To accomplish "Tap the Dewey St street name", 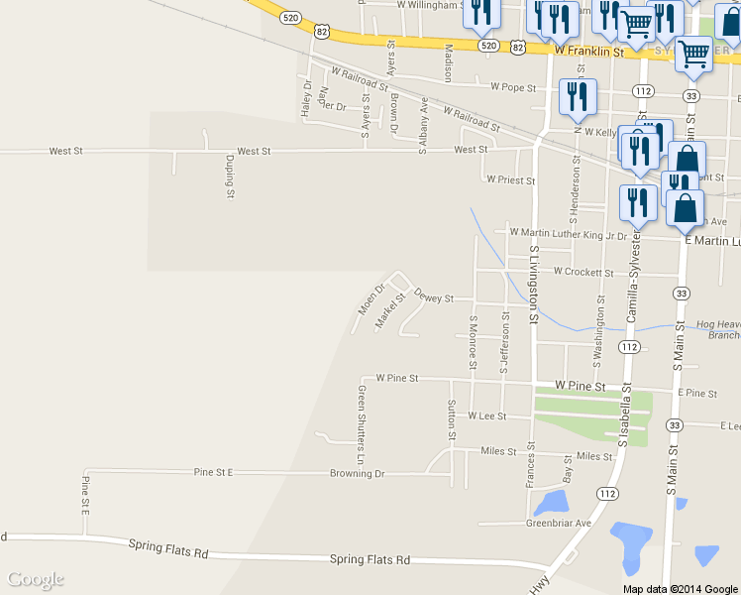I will tap(434, 297).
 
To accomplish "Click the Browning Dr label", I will tap(357, 474).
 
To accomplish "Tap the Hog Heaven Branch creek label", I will tap(719, 329).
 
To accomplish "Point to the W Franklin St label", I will tap(587, 50).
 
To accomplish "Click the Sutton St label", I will tap(451, 418).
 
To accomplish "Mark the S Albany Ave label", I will tap(424, 124).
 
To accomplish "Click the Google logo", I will tap(36, 579).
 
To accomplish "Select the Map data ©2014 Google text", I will tap(681, 588).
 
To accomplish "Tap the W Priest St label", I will tap(511, 180).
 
